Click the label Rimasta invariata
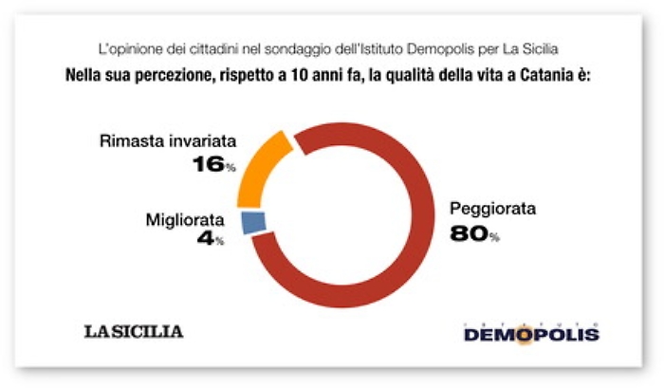167,143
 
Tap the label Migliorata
184,221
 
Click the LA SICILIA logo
134,331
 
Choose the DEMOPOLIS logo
531,333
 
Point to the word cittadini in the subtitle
227,46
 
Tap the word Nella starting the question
86,73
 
